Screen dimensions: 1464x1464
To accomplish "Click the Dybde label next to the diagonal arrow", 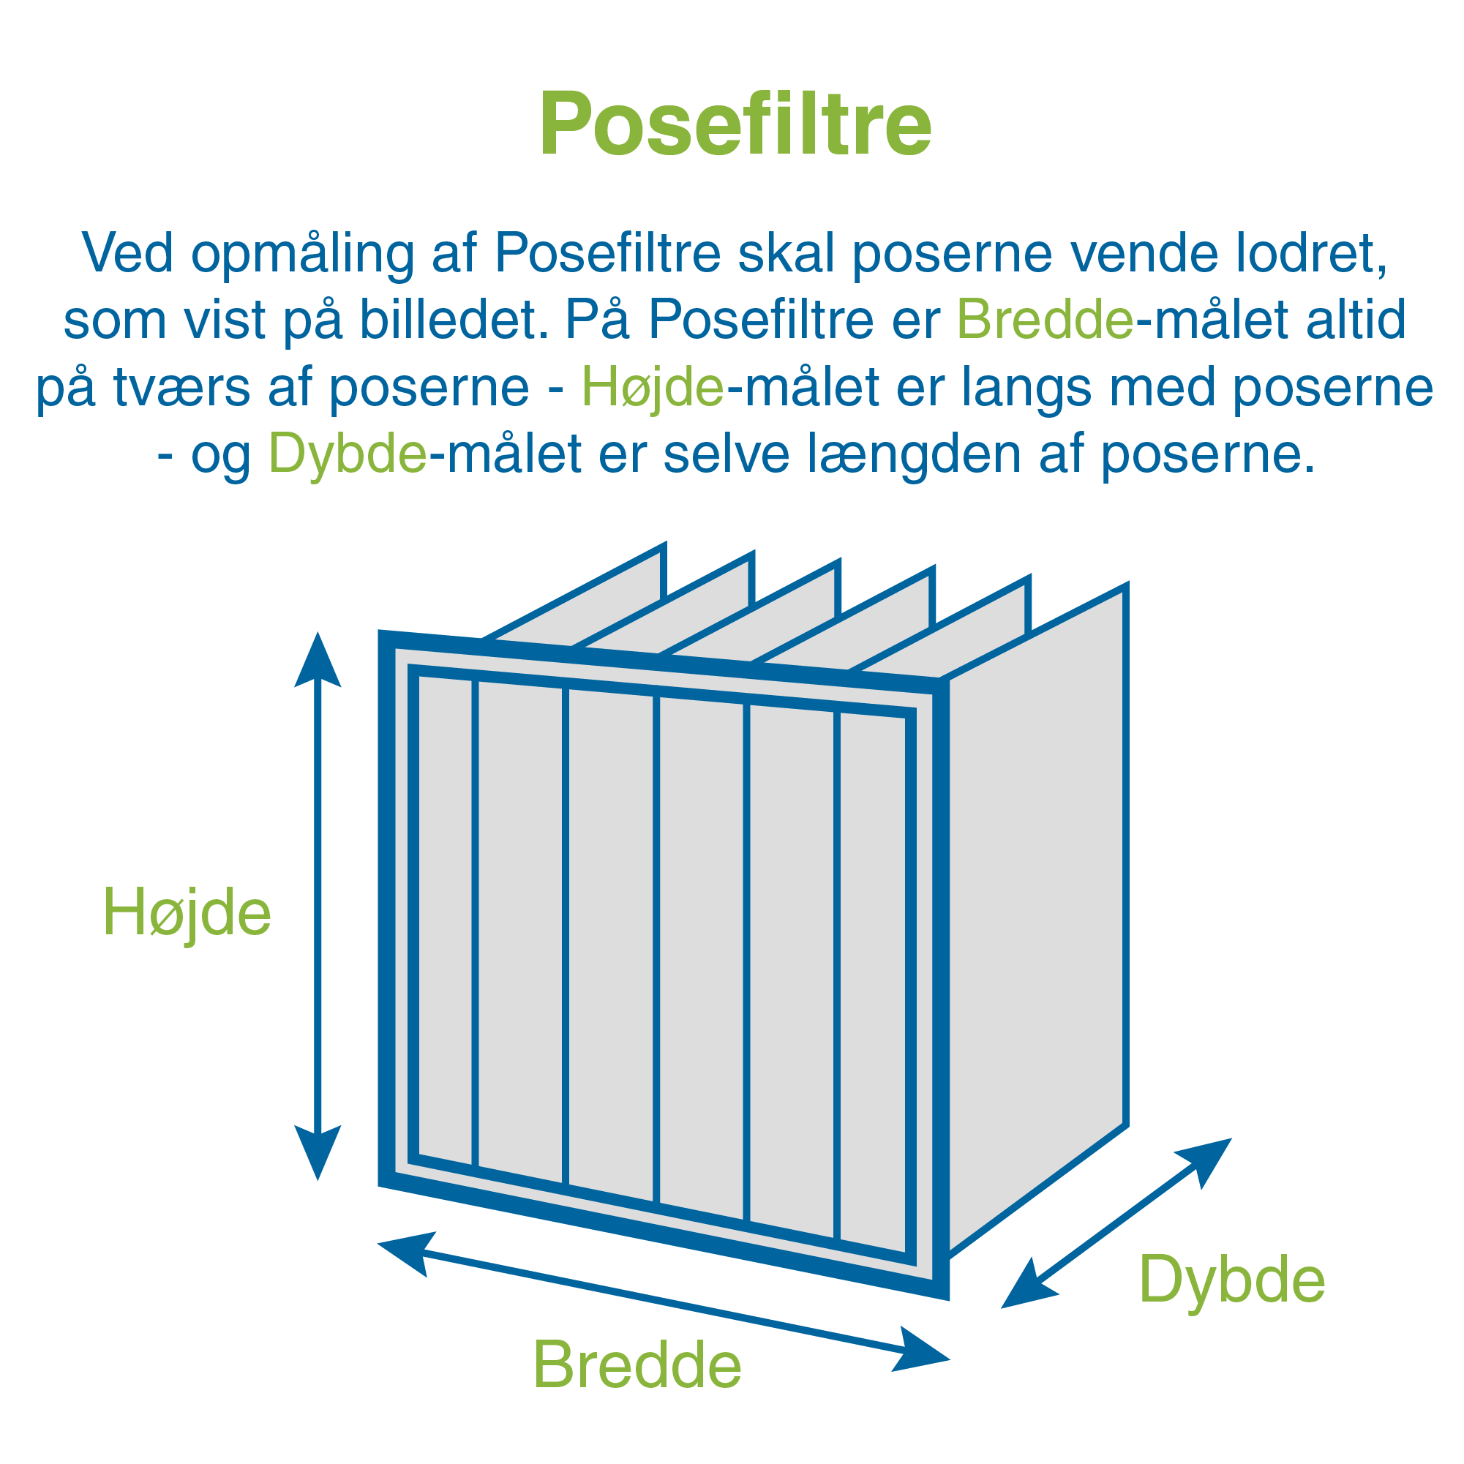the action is (1232, 1280).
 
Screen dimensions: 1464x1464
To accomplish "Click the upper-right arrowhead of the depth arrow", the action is (1206, 1162).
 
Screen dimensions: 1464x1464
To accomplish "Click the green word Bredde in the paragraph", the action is (1045, 319).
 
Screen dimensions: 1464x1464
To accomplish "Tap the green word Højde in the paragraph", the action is (653, 386).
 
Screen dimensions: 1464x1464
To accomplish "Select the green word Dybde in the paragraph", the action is (348, 453).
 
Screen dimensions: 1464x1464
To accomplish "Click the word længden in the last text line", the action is (914, 453).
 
